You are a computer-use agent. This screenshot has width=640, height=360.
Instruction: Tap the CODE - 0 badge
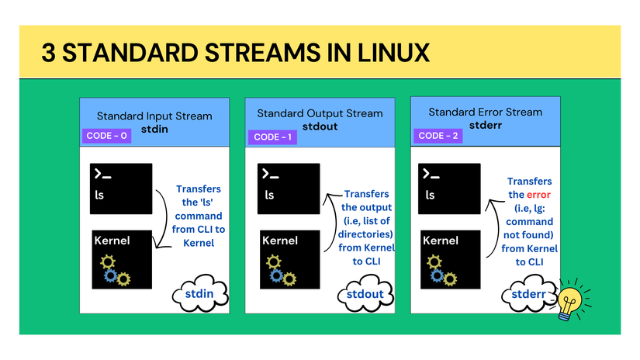tap(106, 136)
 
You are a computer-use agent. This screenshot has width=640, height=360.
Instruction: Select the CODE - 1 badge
tap(272, 137)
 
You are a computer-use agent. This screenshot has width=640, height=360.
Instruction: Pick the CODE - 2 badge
tap(437, 136)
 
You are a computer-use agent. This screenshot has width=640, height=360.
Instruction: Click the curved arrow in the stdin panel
tap(162, 222)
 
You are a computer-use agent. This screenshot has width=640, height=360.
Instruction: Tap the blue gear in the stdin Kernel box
tap(111, 274)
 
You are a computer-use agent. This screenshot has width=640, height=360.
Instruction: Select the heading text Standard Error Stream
tap(485, 112)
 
